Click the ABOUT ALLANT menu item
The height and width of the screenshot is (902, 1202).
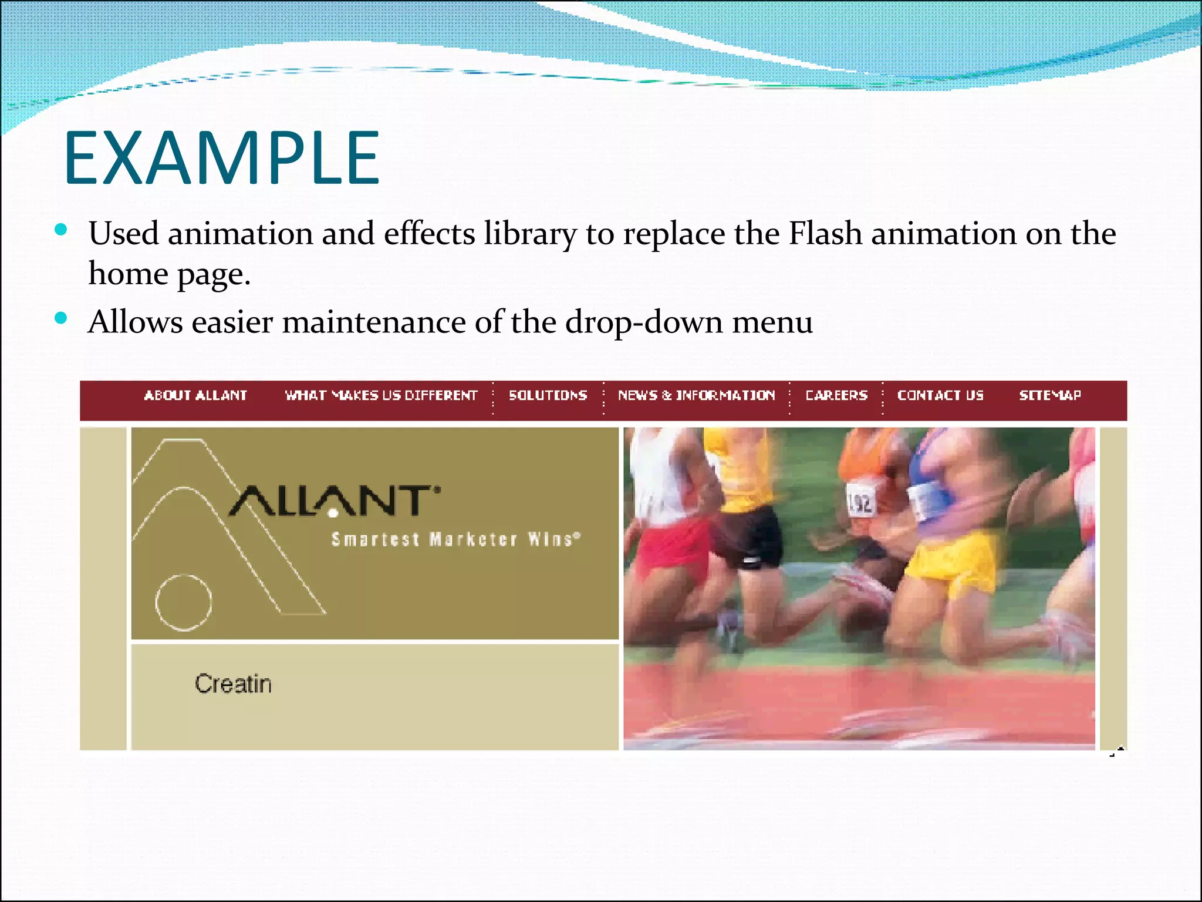click(x=195, y=395)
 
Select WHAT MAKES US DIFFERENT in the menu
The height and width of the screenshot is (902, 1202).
click(x=381, y=395)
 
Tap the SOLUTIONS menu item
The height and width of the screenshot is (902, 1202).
click(x=548, y=395)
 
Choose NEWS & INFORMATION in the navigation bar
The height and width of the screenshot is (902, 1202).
click(x=696, y=395)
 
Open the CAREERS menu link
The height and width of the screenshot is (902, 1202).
click(x=836, y=395)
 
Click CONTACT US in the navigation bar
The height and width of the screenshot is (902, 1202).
click(x=940, y=395)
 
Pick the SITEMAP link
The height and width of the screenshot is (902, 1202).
click(x=1050, y=395)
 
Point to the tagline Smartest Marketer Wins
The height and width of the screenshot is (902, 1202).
click(x=455, y=539)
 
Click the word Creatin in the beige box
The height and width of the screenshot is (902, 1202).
click(x=233, y=684)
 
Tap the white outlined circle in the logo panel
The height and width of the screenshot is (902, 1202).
click(x=183, y=603)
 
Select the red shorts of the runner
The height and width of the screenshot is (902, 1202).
click(x=675, y=546)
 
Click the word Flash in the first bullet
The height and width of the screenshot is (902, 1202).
click(x=825, y=234)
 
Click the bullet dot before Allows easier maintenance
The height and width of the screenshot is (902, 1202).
click(x=61, y=318)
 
